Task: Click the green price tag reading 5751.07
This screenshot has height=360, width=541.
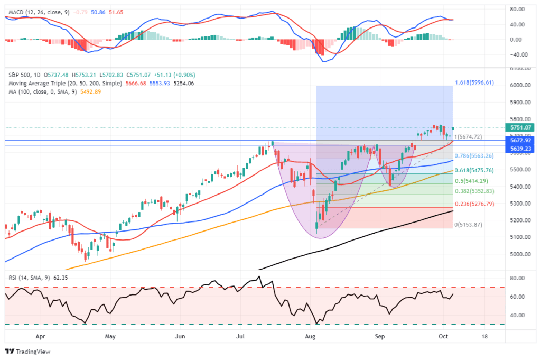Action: pyautogui.click(x=520, y=127)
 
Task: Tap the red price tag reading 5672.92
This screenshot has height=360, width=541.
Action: pyautogui.click(x=520, y=141)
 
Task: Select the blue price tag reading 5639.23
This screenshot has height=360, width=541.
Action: pyautogui.click(x=520, y=149)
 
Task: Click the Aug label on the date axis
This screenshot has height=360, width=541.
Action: pyautogui.click(x=312, y=336)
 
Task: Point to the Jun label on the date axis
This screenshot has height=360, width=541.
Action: pyautogui.click(x=180, y=336)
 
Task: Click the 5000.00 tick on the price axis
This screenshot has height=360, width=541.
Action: pyautogui.click(x=520, y=254)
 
